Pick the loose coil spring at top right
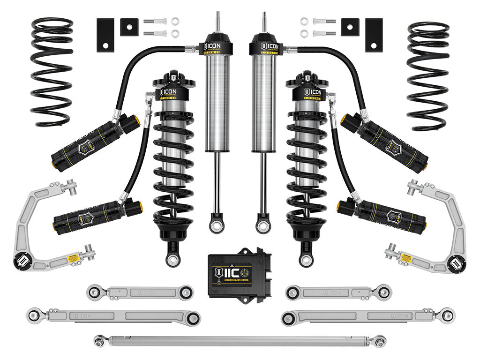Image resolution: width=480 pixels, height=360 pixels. tap(428, 75)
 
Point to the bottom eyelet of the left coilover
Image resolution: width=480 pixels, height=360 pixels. tap(171, 257)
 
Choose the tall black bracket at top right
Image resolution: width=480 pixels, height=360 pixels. tap(375, 35)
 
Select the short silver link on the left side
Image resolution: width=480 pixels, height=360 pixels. tap(140, 292)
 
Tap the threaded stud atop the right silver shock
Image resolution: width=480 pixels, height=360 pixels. tap(262, 21)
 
